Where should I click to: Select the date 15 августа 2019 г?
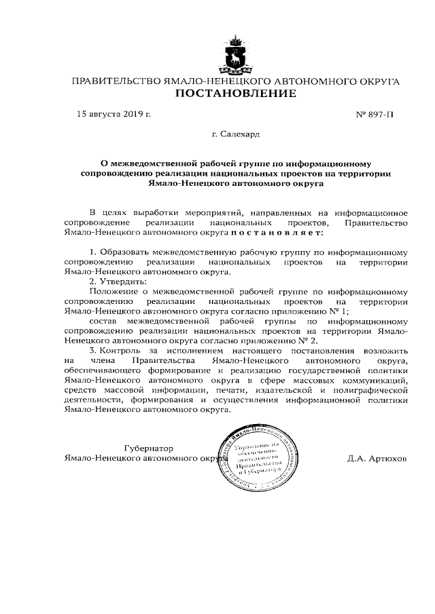(113, 114)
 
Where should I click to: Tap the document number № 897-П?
(375, 115)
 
